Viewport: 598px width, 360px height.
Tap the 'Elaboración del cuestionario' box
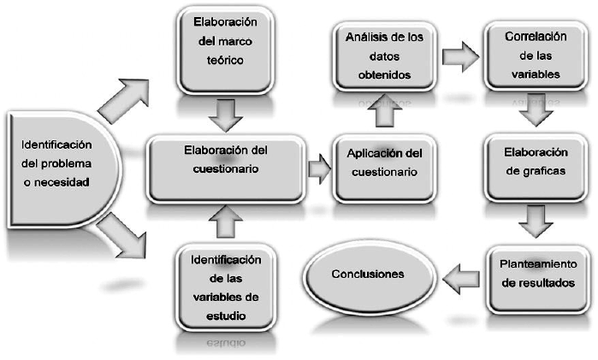[226, 160]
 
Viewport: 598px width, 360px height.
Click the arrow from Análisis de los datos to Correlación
[460, 56]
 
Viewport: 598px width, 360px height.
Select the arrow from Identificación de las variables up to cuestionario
[224, 221]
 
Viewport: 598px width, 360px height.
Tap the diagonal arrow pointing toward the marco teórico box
[123, 98]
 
